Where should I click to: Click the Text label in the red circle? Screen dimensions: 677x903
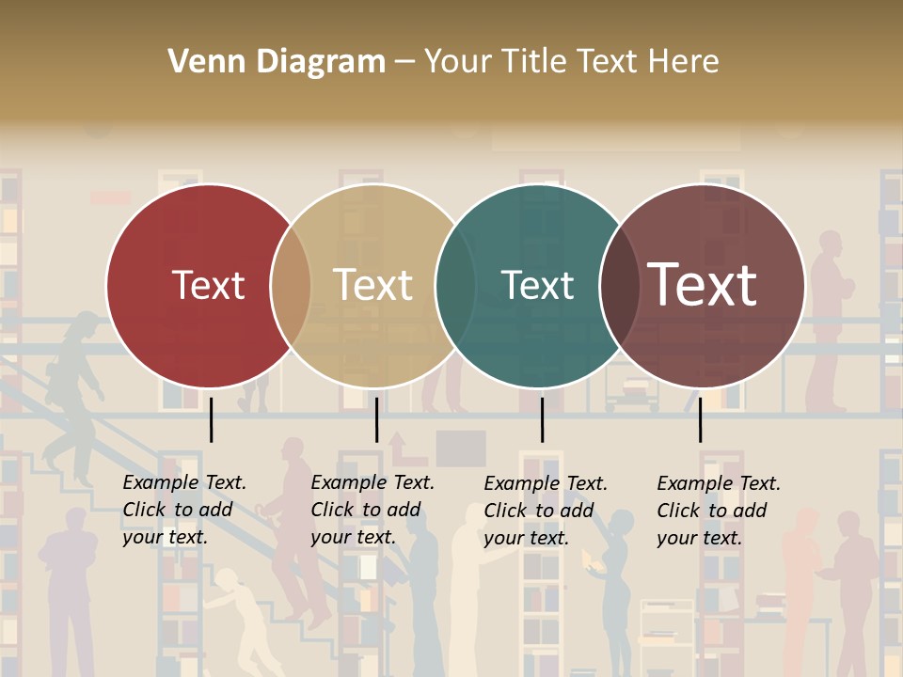[x=208, y=286]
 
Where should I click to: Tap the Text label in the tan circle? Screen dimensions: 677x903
[x=372, y=286]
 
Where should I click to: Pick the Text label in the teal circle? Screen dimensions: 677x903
[x=537, y=286]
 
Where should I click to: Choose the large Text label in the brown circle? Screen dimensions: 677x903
[x=702, y=284]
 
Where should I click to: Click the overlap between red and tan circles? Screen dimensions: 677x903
[x=291, y=286]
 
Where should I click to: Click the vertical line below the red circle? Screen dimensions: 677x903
[x=211, y=419]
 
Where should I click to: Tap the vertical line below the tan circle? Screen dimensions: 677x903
[x=376, y=419]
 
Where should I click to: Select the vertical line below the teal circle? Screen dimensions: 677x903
[x=542, y=419]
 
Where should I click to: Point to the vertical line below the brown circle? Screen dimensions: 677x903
[x=700, y=419]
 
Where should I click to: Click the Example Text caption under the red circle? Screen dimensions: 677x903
[x=184, y=510]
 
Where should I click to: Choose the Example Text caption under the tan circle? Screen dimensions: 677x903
[x=372, y=510]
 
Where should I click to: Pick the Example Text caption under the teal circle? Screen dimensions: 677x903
[x=546, y=511]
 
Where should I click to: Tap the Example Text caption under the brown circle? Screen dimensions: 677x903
[x=719, y=511]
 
